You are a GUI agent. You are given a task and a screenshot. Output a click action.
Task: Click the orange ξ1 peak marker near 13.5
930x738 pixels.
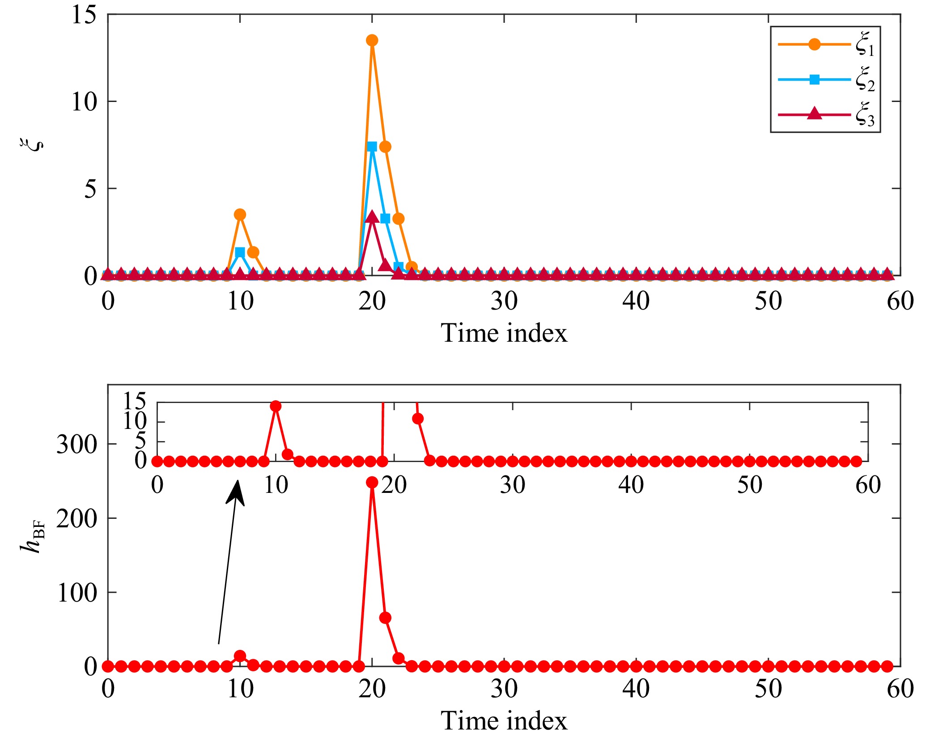[x=372, y=40]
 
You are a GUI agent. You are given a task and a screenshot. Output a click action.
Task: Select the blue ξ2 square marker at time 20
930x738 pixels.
[x=372, y=147]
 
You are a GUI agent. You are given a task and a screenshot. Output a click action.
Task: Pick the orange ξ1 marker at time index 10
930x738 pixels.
[x=240, y=214]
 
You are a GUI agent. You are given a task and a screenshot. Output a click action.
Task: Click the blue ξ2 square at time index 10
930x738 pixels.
[x=240, y=252]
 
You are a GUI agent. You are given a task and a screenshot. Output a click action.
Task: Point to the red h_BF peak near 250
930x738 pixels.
[x=372, y=482]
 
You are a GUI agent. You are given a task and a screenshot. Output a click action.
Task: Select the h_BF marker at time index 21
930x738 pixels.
[x=385, y=618]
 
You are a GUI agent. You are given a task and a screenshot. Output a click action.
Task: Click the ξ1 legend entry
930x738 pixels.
[x=825, y=45]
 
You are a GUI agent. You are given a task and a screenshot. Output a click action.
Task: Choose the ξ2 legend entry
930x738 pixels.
[x=825, y=80]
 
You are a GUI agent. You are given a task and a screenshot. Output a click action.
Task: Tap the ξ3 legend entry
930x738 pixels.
[x=825, y=115]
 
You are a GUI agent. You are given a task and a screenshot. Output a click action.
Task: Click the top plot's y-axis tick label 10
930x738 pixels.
[x=84, y=102]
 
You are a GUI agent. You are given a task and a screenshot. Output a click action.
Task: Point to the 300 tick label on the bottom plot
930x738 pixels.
[x=77, y=444]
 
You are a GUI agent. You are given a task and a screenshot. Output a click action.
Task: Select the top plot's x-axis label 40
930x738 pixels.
[x=636, y=301]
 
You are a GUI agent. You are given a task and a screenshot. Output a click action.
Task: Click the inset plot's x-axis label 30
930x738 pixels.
[x=512, y=485]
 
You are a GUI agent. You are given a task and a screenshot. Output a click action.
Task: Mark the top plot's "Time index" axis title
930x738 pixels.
[x=504, y=333]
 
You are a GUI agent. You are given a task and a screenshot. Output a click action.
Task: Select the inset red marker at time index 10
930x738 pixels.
[x=276, y=406]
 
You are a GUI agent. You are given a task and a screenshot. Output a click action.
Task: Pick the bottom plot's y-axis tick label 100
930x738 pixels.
[x=77, y=593]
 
